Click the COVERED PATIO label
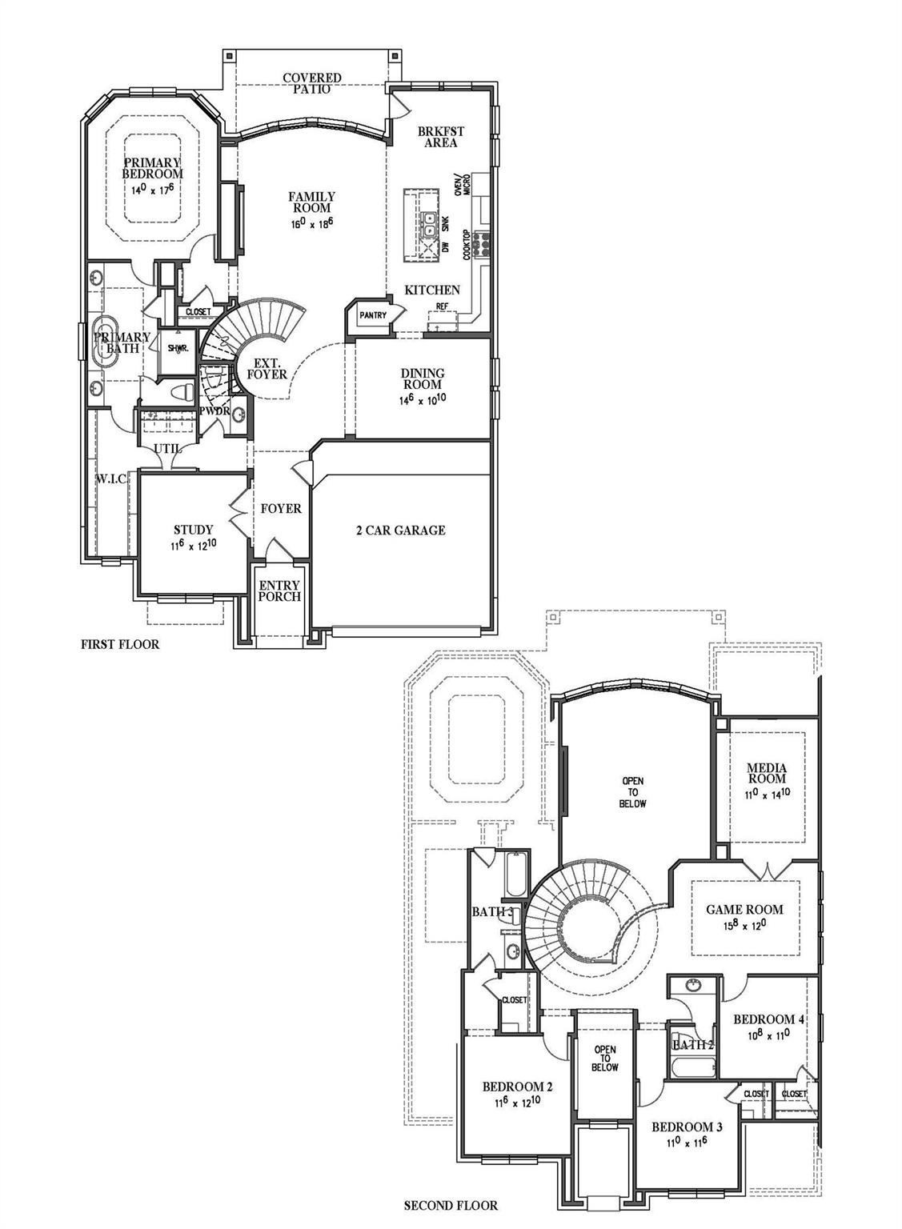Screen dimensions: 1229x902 point(311,83)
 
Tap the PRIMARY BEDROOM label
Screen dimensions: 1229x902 point(152,168)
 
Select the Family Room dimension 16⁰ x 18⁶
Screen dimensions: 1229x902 point(312,225)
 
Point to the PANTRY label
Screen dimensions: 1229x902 point(372,315)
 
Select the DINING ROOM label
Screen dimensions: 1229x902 point(423,378)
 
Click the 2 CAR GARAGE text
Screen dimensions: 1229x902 point(400,530)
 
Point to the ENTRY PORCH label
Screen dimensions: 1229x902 point(279,590)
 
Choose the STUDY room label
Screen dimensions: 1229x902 point(193,530)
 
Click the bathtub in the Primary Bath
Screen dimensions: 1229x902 point(106,342)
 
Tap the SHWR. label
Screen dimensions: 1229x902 point(177,348)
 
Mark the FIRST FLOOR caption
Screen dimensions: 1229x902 point(120,643)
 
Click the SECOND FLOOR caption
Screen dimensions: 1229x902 point(450,1205)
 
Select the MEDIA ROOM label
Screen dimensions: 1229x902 point(766,773)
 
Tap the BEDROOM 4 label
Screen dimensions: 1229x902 point(768,1019)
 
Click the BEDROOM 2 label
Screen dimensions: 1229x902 point(517,1087)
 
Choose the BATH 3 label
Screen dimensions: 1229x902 point(491,912)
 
